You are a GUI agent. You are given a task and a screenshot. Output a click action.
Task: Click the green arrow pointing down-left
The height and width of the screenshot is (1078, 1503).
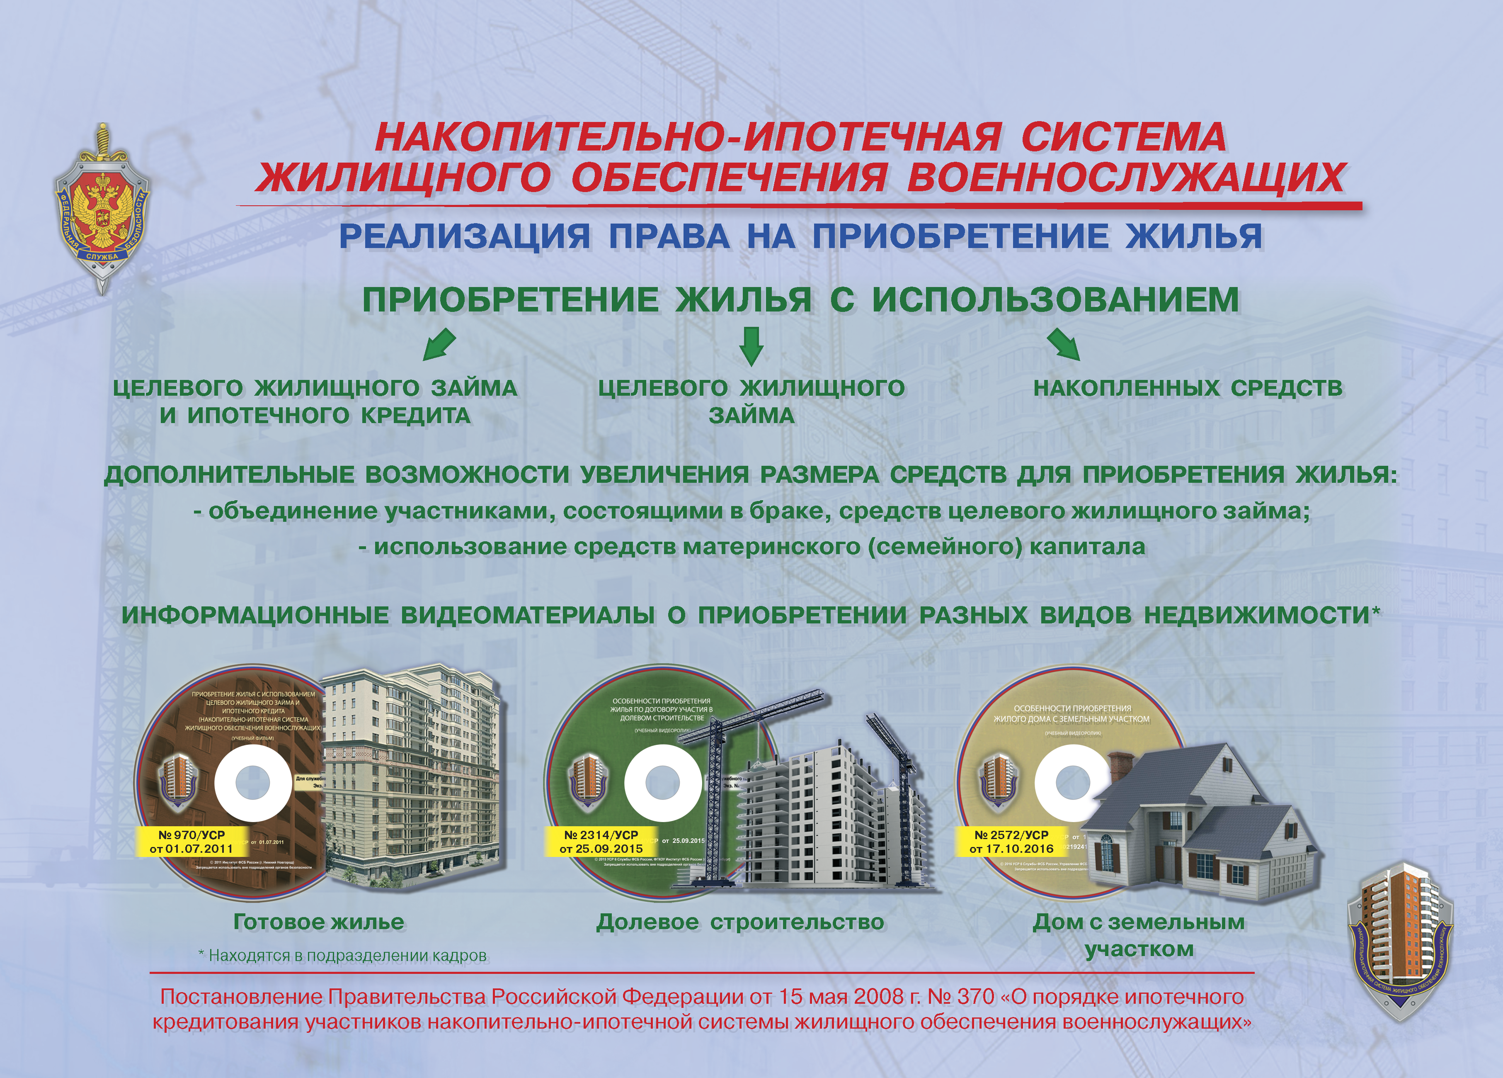(439, 345)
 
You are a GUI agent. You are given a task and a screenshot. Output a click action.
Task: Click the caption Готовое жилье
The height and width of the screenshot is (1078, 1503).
(319, 922)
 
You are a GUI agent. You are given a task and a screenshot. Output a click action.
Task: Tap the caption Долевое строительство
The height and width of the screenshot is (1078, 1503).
(740, 922)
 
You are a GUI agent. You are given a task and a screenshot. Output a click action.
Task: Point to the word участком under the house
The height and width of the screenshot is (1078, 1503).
(1139, 949)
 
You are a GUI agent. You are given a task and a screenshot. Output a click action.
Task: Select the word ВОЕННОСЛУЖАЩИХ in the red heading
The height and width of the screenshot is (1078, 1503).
(1125, 178)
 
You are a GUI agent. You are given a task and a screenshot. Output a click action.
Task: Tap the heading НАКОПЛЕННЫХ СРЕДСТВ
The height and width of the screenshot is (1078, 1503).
(1188, 388)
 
